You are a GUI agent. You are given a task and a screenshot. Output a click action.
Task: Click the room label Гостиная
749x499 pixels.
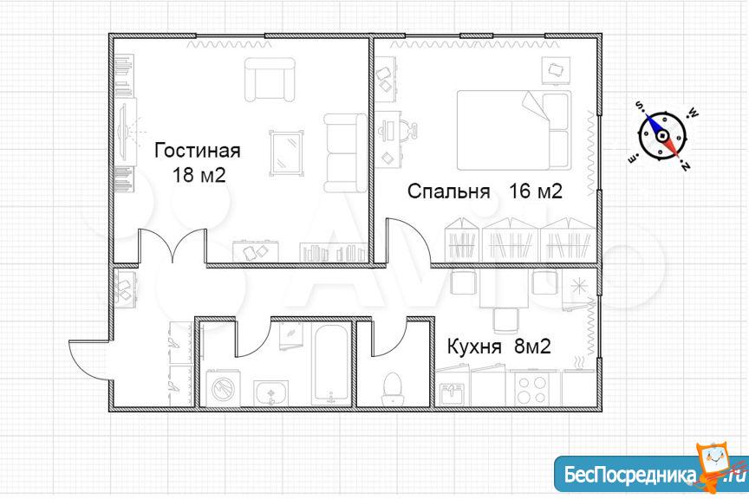(x=198, y=151)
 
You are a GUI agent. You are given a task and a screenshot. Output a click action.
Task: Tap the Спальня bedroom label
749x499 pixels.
(x=448, y=191)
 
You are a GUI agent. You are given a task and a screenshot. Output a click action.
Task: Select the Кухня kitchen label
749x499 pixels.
(x=474, y=347)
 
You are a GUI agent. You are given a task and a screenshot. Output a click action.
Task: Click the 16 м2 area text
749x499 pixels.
(x=536, y=191)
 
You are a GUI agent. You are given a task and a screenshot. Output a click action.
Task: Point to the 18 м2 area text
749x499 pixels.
(x=198, y=175)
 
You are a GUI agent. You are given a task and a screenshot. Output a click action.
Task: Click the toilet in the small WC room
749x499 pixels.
(x=393, y=389)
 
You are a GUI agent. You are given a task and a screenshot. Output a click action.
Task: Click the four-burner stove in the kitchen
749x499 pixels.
(x=532, y=390)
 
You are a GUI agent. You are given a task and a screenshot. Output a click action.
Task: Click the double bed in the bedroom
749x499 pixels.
(x=514, y=130)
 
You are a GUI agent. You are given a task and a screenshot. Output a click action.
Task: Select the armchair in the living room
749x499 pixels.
(x=270, y=80)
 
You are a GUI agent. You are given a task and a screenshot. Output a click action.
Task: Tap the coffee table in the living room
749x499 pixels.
(x=286, y=152)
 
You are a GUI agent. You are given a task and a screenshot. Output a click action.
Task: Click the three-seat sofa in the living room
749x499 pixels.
(x=346, y=152)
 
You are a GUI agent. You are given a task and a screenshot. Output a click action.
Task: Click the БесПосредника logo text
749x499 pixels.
(x=629, y=475)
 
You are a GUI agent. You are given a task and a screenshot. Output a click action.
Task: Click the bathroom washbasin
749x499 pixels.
(x=270, y=393)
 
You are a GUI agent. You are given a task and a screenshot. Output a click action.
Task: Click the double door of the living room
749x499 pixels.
(x=173, y=245)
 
